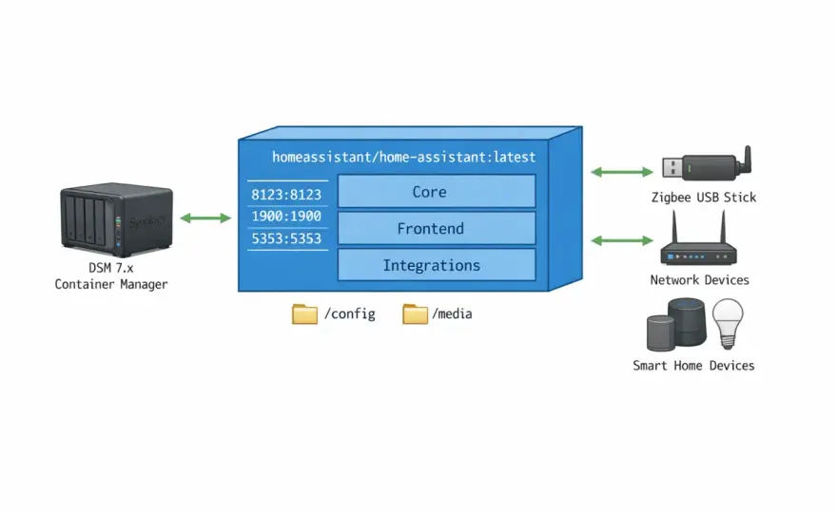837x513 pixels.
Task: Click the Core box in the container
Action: point(437,191)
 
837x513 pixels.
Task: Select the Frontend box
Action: point(437,228)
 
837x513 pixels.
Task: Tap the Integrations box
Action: point(437,265)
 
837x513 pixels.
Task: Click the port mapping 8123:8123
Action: point(286,195)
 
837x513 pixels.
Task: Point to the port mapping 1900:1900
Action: point(286,216)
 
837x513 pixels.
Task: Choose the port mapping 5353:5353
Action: point(286,238)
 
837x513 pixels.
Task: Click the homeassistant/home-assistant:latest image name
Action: point(403,157)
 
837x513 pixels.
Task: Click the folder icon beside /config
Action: point(304,314)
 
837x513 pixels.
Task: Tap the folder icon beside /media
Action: point(416,314)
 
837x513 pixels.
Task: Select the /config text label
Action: point(350,313)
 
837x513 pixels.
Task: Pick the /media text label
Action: point(452,313)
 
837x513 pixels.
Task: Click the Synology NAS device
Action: point(116,219)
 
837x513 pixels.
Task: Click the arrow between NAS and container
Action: point(205,218)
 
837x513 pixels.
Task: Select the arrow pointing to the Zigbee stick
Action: point(622,172)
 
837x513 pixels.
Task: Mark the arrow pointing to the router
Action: point(622,240)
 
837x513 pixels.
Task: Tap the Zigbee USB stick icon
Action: point(707,164)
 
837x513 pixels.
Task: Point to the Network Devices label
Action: point(699,280)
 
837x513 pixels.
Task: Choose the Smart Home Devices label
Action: point(693,366)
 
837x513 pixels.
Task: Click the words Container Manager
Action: point(111,284)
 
